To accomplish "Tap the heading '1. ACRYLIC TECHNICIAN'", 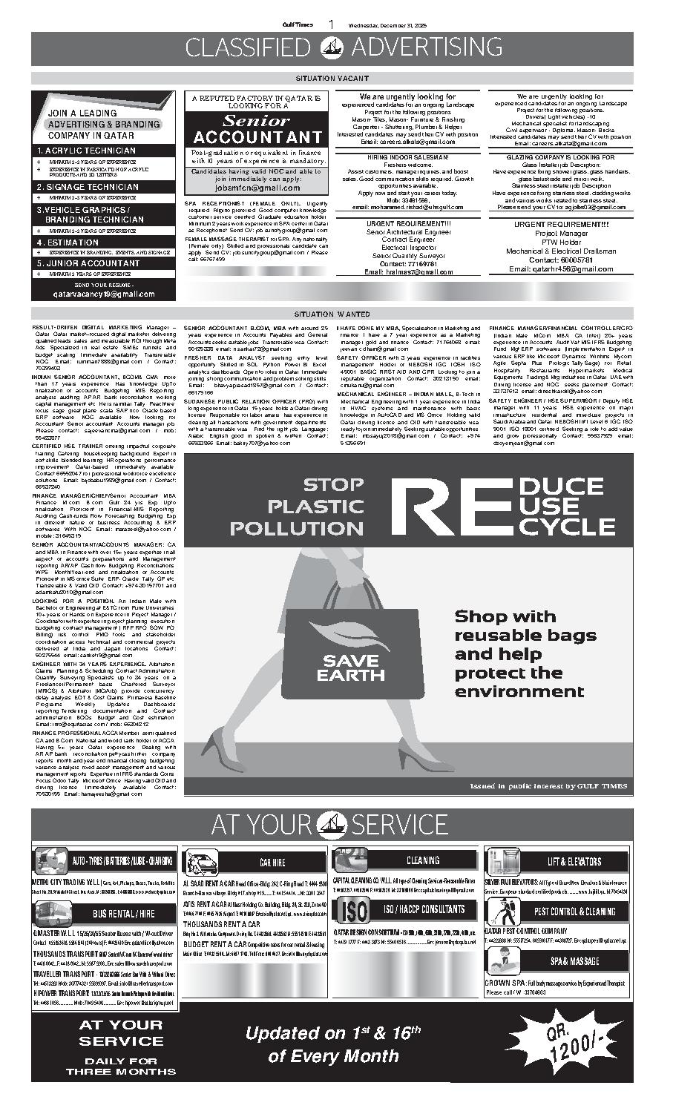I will [87, 151].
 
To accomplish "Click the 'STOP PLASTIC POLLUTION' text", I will [297, 507].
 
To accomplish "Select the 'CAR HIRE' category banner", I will [272, 862].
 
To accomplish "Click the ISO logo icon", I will [351, 909].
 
